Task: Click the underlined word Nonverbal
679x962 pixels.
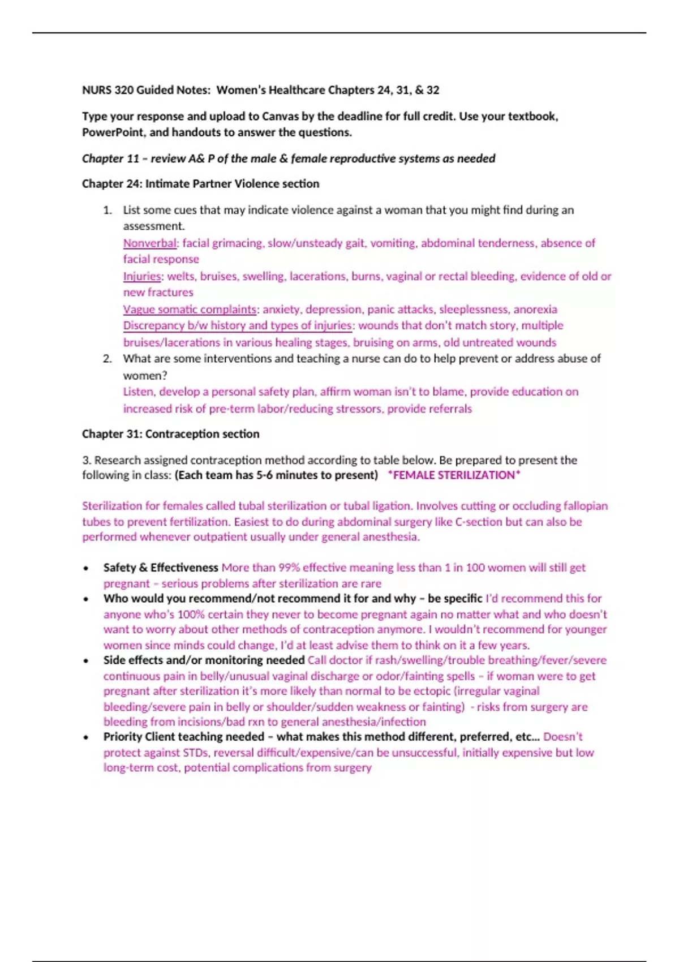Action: [x=150, y=243]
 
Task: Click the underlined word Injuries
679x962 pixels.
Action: [x=142, y=276]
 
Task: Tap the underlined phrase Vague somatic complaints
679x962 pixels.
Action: [x=190, y=310]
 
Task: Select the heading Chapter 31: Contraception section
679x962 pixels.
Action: [x=170, y=434]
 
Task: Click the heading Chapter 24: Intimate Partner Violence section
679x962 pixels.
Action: [x=200, y=184]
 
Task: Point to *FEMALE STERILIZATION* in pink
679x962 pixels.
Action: [x=454, y=475]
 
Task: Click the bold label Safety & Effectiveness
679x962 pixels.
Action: [x=161, y=568]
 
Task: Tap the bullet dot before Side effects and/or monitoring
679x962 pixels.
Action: [x=85, y=661]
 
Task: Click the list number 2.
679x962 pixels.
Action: [x=108, y=359]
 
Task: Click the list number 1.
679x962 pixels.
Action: [x=108, y=211]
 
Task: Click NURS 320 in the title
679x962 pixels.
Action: [x=108, y=90]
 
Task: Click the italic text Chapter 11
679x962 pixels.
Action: [x=110, y=158]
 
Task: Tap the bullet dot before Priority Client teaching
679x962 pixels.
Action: [x=85, y=737]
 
